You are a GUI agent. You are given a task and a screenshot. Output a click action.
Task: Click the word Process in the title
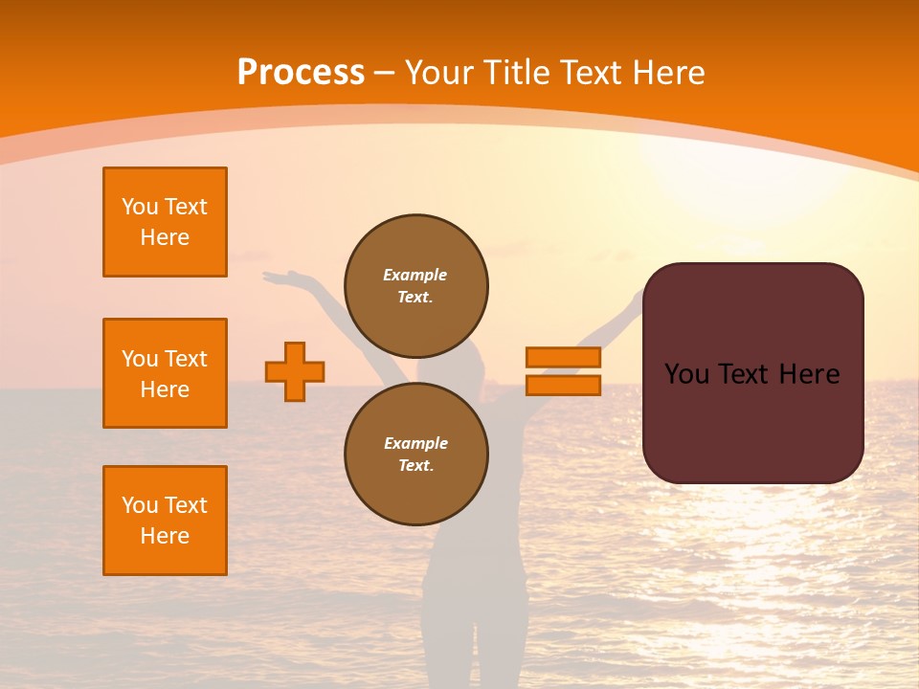pyautogui.click(x=301, y=73)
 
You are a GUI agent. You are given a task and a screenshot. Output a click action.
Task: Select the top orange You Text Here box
pyautogui.click(x=165, y=222)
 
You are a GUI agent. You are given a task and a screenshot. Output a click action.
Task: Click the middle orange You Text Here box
pyautogui.click(x=165, y=373)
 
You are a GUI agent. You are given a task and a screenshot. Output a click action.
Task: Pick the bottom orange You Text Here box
pyautogui.click(x=165, y=521)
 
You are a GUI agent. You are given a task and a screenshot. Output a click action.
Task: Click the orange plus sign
pyautogui.click(x=295, y=371)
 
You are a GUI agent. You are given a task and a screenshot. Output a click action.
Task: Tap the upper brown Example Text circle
pyautogui.click(x=415, y=286)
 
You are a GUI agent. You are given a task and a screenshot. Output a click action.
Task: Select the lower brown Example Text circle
pyautogui.click(x=415, y=455)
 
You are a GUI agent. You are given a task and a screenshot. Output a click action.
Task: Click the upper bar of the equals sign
pyautogui.click(x=563, y=357)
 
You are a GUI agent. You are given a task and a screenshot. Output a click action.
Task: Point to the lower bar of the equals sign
pyautogui.click(x=563, y=385)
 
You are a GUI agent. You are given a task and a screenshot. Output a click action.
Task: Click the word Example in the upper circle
pyautogui.click(x=415, y=275)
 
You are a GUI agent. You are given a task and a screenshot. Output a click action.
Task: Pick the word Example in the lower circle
pyautogui.click(x=415, y=443)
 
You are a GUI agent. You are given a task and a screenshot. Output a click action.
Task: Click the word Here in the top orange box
pyautogui.click(x=165, y=237)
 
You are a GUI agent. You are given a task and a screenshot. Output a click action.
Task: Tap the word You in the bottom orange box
pyautogui.click(x=140, y=505)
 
